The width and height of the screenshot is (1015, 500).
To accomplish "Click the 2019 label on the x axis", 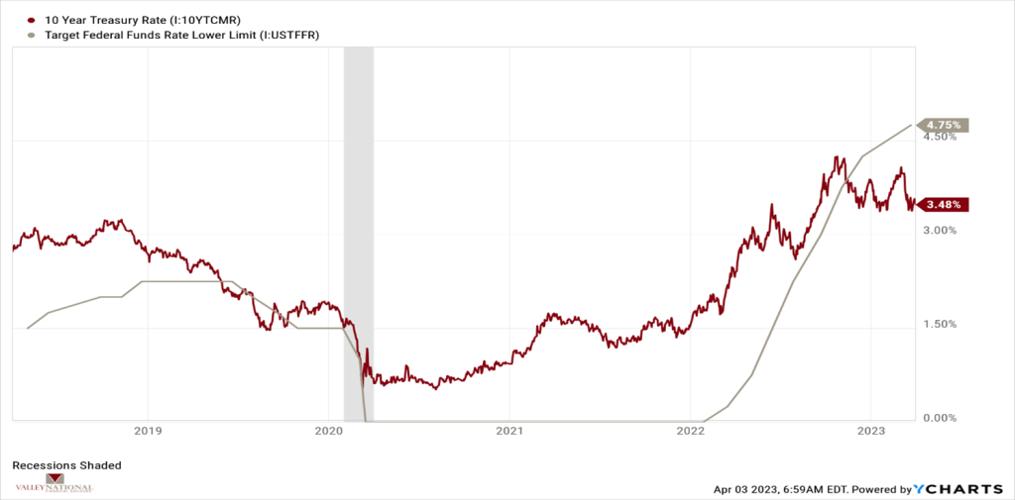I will click(x=148, y=431).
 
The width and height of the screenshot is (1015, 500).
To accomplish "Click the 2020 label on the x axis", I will click(x=328, y=431).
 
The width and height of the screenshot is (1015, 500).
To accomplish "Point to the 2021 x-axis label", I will click(x=508, y=431).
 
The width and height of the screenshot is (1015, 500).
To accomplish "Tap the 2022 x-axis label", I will click(x=690, y=431).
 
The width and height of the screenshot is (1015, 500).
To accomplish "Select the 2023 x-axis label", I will click(x=870, y=431).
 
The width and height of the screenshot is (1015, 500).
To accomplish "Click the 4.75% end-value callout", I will click(x=944, y=125).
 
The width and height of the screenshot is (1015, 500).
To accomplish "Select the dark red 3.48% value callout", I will click(x=943, y=205).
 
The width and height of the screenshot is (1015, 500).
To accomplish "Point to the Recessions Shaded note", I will click(x=66, y=464).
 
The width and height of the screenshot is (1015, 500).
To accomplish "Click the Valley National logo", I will click(x=54, y=484).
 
